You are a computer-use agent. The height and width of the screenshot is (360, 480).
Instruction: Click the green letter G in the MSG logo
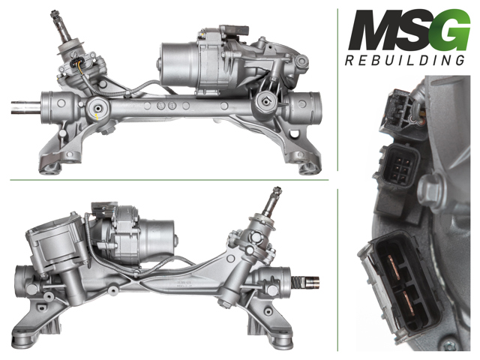coord(452,30)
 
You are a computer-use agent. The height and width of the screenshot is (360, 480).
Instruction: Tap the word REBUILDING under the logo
coord(405,60)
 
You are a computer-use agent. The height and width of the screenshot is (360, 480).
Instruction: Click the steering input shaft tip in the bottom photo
coord(277,190)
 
